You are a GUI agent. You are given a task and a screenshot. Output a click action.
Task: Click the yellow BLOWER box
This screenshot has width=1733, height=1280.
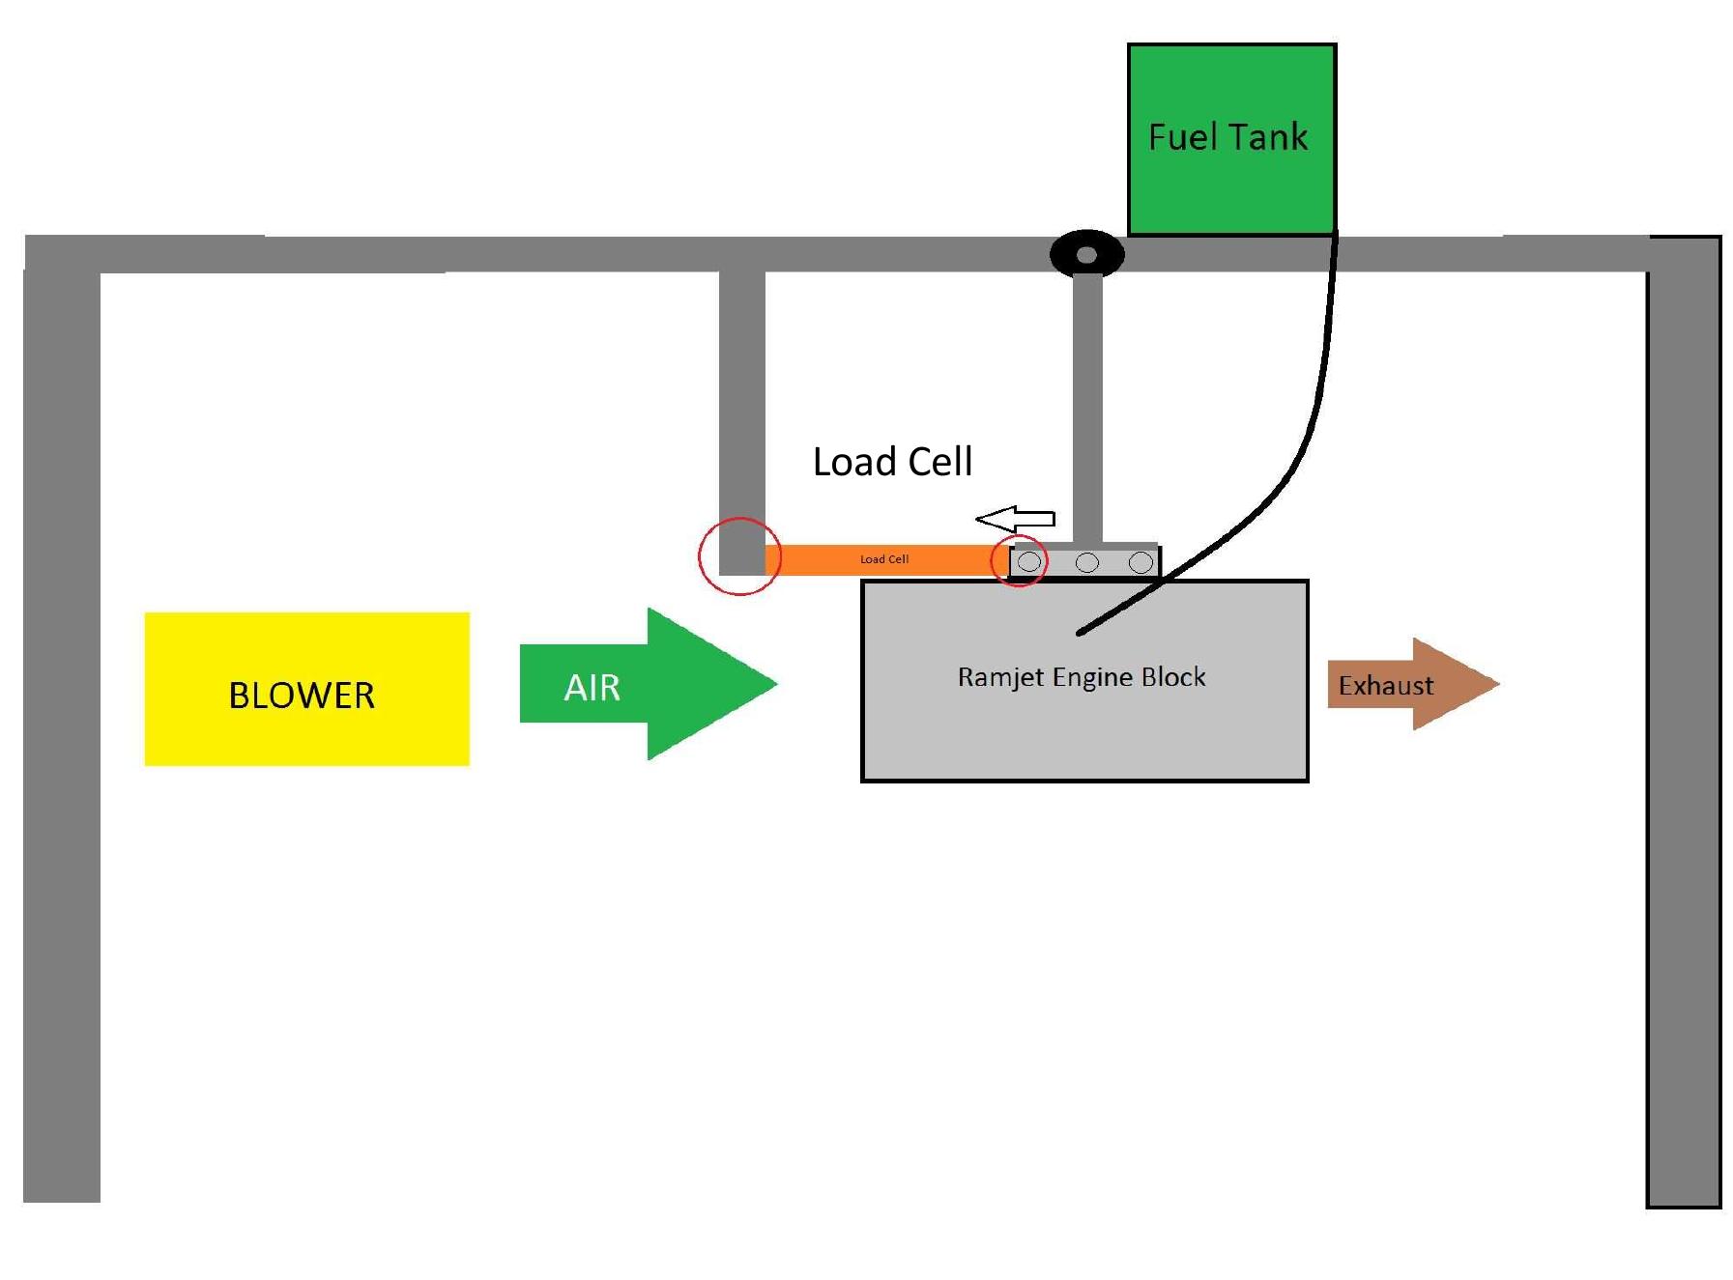click(306, 734)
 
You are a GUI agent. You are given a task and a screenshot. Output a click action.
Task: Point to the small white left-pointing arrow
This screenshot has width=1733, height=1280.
click(1015, 520)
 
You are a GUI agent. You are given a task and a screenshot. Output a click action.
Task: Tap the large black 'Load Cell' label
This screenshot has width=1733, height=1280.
click(891, 462)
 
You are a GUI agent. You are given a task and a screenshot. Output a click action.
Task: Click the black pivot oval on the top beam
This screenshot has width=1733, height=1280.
click(1086, 255)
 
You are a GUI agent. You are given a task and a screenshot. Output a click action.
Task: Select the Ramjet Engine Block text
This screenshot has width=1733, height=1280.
click(1081, 676)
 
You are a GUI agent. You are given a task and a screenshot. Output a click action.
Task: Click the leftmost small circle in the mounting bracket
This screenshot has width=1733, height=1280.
click(1029, 561)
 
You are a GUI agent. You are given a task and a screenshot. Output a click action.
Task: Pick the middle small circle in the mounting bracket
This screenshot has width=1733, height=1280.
click(1086, 562)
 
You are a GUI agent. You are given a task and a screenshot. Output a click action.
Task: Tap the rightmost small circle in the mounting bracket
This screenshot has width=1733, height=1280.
click(1141, 562)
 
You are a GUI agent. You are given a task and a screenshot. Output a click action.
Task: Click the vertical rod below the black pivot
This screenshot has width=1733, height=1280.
click(1087, 406)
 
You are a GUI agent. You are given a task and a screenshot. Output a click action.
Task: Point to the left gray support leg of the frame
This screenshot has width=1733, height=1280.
click(62, 734)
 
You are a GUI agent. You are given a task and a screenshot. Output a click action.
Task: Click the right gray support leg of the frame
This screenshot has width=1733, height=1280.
click(1683, 734)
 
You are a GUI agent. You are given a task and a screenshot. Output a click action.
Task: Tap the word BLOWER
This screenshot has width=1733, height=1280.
click(301, 696)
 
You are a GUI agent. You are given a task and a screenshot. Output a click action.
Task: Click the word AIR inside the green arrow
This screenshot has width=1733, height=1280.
click(592, 688)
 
